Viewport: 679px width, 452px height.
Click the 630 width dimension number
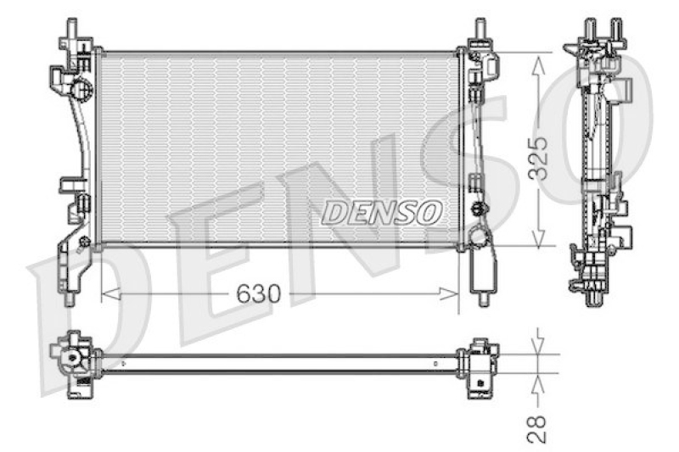coord(258,294)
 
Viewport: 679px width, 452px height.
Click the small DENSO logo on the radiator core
coord(381,212)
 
